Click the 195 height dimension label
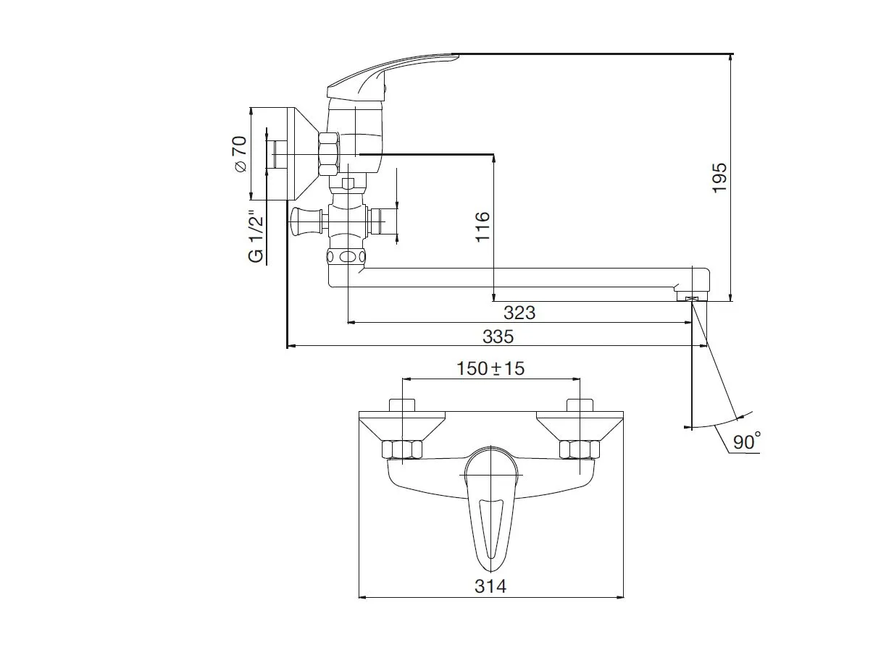719,178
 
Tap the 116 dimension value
483,227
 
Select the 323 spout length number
519,313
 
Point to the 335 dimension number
498,337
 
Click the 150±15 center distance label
490,368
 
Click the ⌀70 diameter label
241,154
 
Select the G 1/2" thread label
256,236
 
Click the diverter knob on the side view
306,221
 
